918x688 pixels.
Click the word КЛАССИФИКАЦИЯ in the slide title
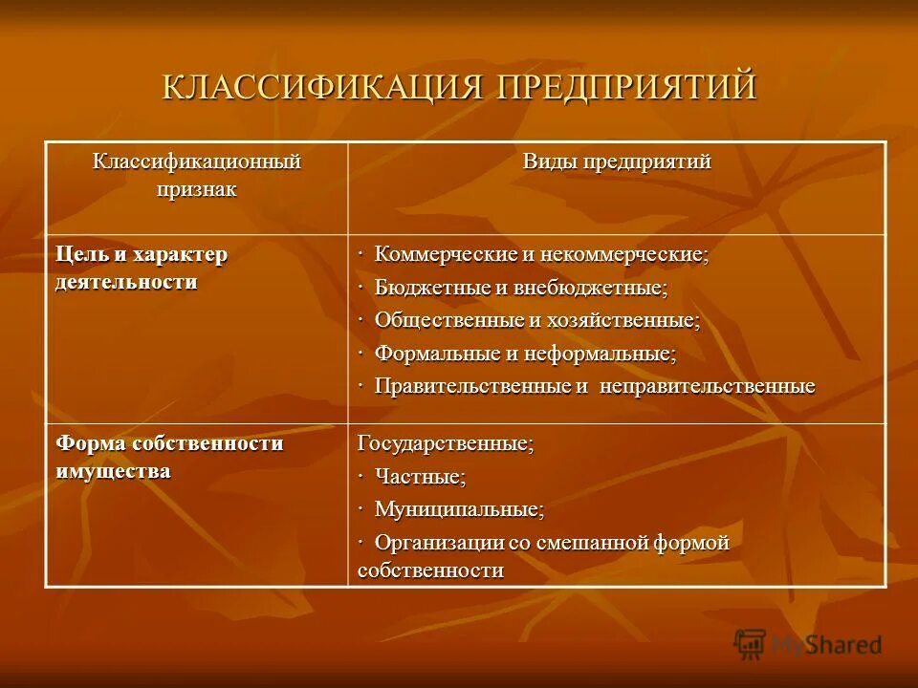(x=325, y=86)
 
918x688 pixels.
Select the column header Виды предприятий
(x=616, y=161)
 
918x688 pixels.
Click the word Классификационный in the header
(x=196, y=161)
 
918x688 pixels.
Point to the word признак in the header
(x=196, y=188)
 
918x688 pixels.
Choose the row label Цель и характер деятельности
(x=142, y=269)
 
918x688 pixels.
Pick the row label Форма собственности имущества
(x=169, y=457)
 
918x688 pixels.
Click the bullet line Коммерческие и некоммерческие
(x=541, y=255)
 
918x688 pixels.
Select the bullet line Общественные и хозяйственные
(x=536, y=320)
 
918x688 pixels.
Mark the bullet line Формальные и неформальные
(x=525, y=354)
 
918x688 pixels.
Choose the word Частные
(x=420, y=476)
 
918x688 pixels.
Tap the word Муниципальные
(x=459, y=509)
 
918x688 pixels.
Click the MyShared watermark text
(x=827, y=645)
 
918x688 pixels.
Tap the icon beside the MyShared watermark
(x=750, y=644)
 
